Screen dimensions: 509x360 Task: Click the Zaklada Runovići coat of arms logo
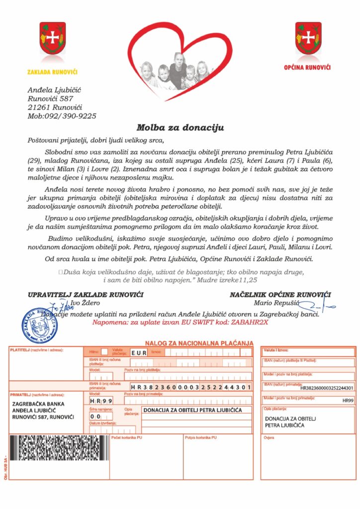click(x=52, y=38)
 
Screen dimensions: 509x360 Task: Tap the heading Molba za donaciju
click(x=180, y=128)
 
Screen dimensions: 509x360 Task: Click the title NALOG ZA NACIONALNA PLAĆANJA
click(x=199, y=343)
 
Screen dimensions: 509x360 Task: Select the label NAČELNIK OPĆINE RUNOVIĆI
click(x=280, y=295)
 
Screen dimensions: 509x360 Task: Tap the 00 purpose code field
click(x=95, y=416)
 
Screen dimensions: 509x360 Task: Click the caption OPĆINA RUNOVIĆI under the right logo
click(x=307, y=67)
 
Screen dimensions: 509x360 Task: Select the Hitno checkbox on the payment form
click(x=104, y=352)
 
